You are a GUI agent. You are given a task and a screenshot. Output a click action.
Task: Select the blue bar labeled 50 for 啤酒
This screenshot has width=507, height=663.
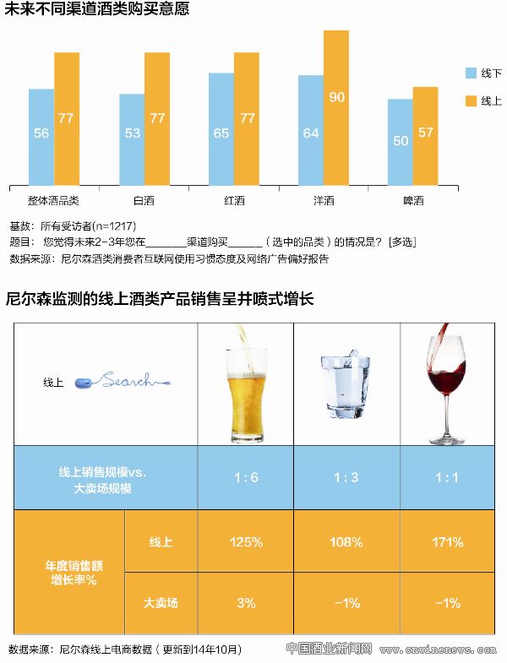coord(401,142)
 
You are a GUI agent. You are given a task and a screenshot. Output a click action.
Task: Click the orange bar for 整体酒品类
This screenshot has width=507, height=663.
coord(67,118)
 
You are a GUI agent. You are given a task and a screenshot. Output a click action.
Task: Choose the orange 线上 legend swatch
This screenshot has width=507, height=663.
coord(472,101)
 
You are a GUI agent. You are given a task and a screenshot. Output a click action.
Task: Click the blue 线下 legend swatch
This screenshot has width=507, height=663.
coord(472,73)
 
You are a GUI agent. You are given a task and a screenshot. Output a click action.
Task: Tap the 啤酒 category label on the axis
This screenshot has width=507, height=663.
coord(413,200)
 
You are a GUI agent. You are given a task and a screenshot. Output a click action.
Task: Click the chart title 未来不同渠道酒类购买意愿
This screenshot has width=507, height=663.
coord(97,10)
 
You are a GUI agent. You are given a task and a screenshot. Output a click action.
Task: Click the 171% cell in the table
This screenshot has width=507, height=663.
coord(446,541)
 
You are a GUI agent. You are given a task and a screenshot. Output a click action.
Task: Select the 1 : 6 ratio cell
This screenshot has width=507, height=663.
coord(246,477)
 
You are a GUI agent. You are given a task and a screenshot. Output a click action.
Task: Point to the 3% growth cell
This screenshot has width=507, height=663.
coord(246,603)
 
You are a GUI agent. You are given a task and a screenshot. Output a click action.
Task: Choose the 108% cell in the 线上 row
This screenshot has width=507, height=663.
coord(346,541)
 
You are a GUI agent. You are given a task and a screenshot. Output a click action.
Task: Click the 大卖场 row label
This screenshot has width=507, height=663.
coord(161,603)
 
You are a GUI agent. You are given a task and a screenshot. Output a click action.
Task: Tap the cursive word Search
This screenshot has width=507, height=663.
coord(129,382)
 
